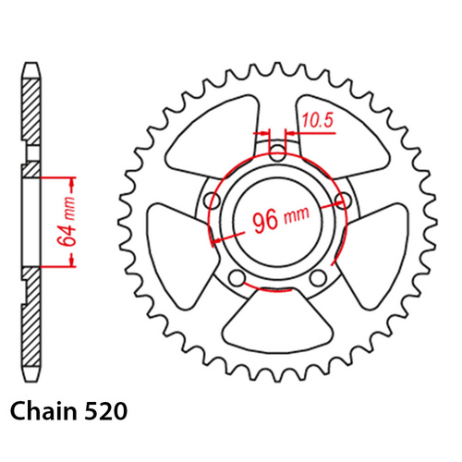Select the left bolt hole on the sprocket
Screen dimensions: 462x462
pos(213,201)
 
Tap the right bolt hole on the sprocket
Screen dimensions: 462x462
pos(346,200)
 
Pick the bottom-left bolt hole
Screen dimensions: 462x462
pos(237,279)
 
